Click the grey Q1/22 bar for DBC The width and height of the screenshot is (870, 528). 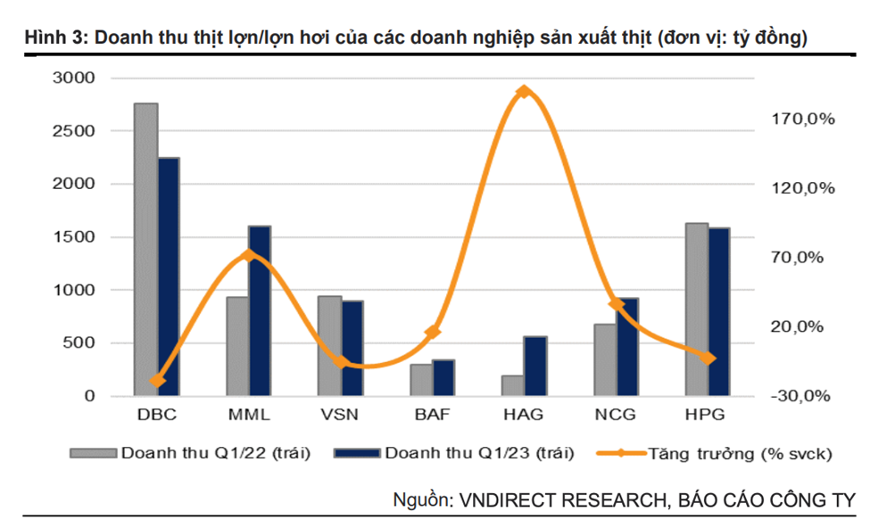click(146, 250)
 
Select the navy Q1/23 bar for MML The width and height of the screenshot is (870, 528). click(260, 311)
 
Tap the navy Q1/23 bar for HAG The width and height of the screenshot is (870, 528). click(535, 366)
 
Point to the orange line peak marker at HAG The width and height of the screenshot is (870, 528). click(525, 91)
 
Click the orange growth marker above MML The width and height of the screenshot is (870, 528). click(249, 255)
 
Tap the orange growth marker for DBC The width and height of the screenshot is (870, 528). click(158, 381)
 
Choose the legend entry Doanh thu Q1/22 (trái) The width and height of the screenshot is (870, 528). click(215, 453)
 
